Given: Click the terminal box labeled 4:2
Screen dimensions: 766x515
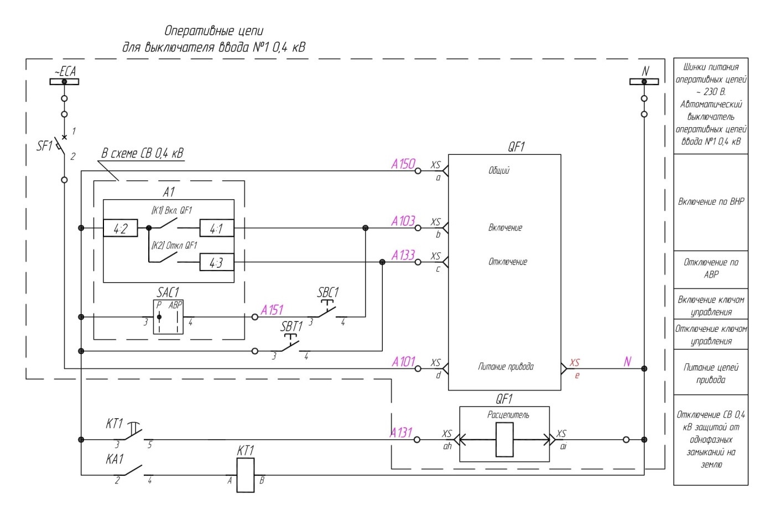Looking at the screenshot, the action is coord(121,228).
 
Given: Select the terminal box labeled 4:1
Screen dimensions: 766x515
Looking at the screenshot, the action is coord(217,228).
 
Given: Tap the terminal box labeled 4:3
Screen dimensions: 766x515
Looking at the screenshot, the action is coord(217,262).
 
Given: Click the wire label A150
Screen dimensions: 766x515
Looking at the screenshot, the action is coord(403,164).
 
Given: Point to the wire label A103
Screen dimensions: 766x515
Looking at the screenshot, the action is coord(403,221).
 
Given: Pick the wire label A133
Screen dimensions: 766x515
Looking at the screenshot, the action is coord(403,256).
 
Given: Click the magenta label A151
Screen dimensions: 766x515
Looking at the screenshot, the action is coord(272,310).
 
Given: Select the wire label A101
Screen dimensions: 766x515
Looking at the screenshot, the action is coord(404,362).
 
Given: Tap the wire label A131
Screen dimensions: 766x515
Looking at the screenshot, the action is coord(401,433).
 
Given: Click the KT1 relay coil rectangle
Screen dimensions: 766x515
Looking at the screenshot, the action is coord(246,475).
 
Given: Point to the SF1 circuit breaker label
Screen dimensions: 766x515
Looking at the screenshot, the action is coord(44,146).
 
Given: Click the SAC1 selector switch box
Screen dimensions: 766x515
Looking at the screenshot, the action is coord(168,317).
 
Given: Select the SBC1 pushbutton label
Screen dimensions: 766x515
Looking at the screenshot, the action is coord(328,293).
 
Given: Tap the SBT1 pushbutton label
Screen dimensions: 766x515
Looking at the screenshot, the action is coord(291,326).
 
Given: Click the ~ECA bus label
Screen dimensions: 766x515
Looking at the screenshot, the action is coord(65,71).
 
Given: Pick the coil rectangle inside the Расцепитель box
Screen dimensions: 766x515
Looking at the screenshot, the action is coord(504,439).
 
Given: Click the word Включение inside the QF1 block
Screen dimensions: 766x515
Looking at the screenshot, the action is coord(505,228).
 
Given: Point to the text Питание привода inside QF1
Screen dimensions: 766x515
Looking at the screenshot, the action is coord(506,367).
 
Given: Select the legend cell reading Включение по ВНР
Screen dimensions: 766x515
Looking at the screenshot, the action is coord(711,202).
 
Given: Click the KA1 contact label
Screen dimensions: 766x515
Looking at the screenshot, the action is coord(114,459).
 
